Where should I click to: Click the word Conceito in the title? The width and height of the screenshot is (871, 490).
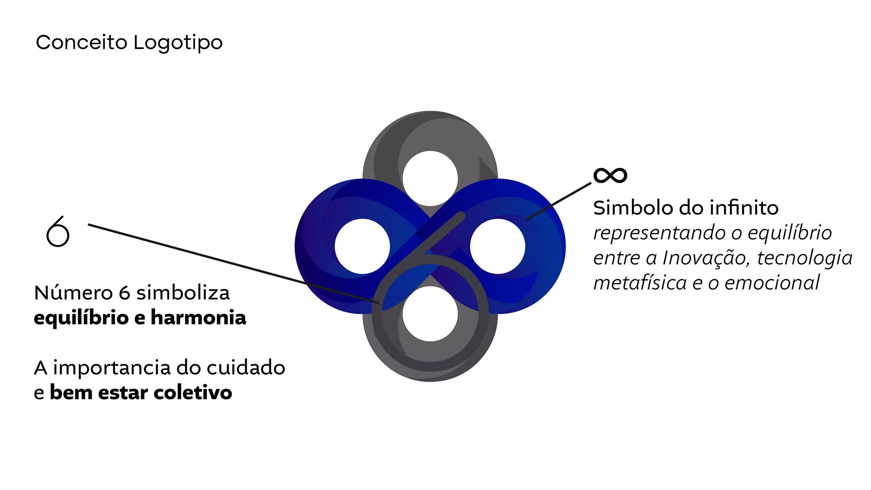point(82,42)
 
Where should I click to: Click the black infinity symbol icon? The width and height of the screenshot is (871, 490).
point(610,175)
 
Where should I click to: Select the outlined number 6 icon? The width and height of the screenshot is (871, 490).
point(58,231)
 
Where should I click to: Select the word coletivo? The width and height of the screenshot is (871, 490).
point(193,392)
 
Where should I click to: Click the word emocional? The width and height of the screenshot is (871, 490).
point(772,283)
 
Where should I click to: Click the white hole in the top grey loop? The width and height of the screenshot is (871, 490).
point(430,178)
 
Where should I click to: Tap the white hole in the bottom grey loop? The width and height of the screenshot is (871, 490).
point(430,314)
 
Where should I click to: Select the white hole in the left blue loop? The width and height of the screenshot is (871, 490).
point(362,246)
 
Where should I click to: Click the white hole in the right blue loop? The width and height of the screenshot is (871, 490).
point(498,246)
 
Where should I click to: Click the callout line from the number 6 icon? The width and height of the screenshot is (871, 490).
point(233,263)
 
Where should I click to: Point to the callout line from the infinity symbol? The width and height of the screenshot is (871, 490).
point(559,201)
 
